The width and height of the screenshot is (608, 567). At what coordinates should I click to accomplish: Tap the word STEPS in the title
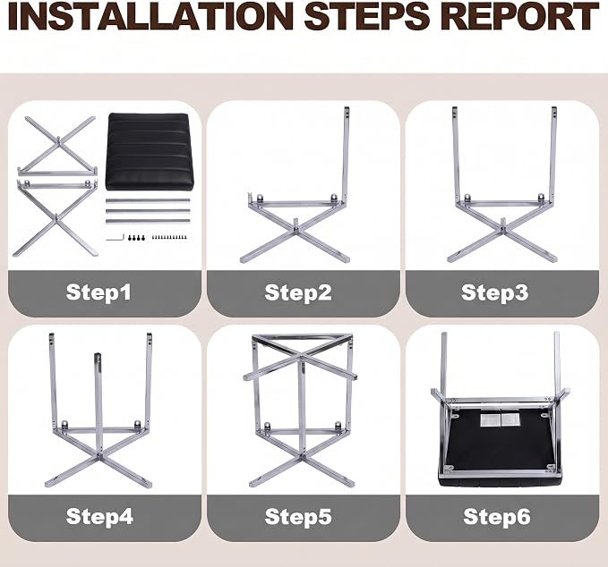367,16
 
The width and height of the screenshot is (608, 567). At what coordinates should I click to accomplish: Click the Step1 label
98,292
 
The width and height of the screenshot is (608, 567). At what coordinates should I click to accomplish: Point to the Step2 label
298,292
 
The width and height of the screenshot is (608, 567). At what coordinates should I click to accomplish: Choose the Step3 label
495,292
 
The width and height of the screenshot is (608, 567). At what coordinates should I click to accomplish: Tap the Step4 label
99,516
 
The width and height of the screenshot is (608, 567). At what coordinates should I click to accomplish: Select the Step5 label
298,516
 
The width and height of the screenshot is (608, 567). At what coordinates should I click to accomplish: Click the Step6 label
497,516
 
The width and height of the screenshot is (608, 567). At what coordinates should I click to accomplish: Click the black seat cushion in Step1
150,152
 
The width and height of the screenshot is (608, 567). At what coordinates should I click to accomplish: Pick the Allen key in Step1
116,237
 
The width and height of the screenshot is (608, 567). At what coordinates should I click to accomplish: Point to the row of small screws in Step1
169,237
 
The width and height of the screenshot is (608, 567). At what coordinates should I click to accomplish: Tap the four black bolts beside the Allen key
136,237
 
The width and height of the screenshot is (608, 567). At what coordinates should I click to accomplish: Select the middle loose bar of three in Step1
148,211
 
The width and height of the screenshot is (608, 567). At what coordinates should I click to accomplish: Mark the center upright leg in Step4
98,402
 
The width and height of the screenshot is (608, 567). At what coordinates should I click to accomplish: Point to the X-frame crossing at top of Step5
301,355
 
